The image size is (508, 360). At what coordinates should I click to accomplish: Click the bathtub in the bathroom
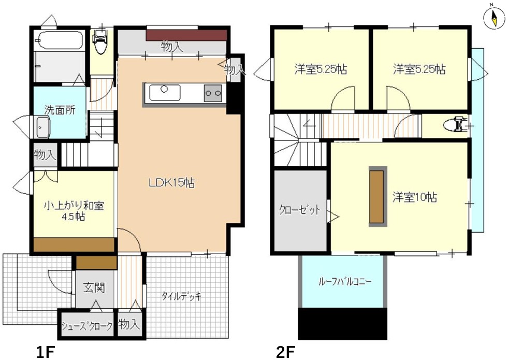[x=60, y=40]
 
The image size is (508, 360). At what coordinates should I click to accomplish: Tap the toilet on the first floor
[x=99, y=41]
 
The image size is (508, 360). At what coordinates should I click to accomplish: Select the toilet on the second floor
[x=456, y=125]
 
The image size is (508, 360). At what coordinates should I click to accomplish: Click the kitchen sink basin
[x=165, y=93]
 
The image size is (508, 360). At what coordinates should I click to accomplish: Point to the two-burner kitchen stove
[x=213, y=93]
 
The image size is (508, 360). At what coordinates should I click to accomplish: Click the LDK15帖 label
[x=172, y=183]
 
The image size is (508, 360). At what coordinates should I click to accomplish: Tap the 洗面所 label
[x=60, y=110]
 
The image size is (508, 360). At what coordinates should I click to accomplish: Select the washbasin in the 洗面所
[x=42, y=127]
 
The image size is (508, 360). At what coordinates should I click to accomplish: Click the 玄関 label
[x=94, y=287]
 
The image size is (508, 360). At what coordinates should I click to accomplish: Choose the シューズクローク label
[x=87, y=325]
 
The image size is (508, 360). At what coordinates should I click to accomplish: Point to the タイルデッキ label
[x=181, y=296]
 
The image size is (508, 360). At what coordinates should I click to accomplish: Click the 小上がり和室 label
[x=74, y=206]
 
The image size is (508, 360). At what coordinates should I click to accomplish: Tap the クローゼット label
[x=300, y=210]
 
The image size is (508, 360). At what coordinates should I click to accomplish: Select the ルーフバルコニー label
[x=345, y=281]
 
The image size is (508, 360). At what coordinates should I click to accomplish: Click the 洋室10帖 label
[x=415, y=197]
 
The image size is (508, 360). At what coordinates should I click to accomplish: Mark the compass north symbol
[x=494, y=18]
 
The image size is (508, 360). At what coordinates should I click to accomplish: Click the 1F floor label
[x=45, y=353]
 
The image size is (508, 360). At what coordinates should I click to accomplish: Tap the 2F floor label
[x=285, y=353]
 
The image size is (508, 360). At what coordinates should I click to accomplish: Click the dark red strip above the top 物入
[x=186, y=35]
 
